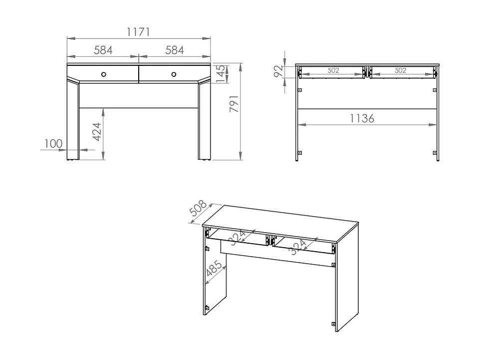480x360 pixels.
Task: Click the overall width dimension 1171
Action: coord(138,32)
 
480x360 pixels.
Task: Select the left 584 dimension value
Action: coord(103,50)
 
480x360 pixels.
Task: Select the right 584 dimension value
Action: coord(174,50)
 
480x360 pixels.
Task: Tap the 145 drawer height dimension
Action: coord(221,74)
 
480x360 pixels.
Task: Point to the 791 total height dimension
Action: coord(235,103)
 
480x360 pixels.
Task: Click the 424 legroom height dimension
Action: coord(97,132)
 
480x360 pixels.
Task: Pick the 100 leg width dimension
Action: coord(53,144)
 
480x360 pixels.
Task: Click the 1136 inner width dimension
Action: coord(362,118)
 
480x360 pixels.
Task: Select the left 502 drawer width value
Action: coord(333,71)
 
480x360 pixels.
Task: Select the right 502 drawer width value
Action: coord(400,71)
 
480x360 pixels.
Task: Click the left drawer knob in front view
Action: coord(103,74)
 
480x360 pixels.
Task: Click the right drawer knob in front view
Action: coord(174,74)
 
